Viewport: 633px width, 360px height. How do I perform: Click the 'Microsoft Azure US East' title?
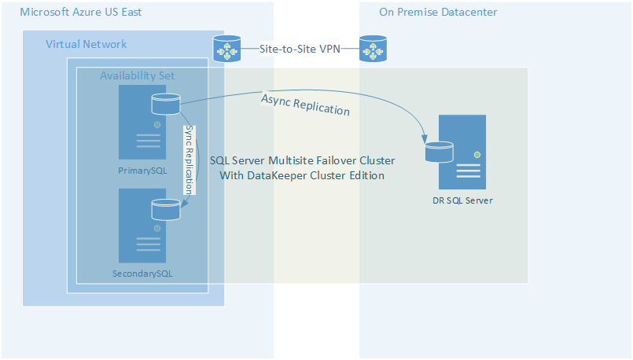pyautogui.click(x=80, y=13)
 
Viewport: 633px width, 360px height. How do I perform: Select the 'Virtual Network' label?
pyautogui.click(x=86, y=44)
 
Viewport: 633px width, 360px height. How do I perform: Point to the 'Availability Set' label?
pyautogui.click(x=138, y=75)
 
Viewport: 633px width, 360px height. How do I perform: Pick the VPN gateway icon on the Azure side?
pyautogui.click(x=228, y=49)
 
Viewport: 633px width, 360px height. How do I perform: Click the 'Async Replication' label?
pyautogui.click(x=305, y=105)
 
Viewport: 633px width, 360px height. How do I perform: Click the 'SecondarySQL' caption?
pyautogui.click(x=142, y=274)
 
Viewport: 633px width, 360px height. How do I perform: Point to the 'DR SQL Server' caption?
pyautogui.click(x=462, y=200)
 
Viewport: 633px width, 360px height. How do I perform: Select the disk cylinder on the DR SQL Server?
pyautogui.click(x=439, y=150)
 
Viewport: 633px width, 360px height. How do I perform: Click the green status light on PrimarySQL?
pyautogui.click(x=157, y=125)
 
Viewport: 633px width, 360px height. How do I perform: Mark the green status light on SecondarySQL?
pyautogui.click(x=157, y=228)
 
